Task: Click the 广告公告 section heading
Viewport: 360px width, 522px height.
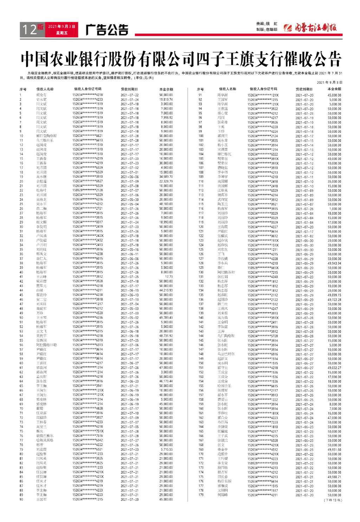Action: tap(107, 30)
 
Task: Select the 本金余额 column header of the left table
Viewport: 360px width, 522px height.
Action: tap(166, 89)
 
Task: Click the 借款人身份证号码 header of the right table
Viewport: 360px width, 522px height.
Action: tap(263, 89)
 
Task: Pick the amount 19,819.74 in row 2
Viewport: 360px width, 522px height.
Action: tap(166, 100)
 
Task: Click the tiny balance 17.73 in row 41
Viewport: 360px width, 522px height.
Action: tap(169, 277)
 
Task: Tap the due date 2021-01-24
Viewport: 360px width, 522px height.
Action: tap(129, 222)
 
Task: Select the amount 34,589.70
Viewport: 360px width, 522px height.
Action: tap(166, 177)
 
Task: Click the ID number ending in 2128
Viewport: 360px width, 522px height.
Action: tap(88, 190)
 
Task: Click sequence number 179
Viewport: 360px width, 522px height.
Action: tap(201, 495)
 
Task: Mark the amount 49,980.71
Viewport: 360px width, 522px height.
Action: tap(334, 477)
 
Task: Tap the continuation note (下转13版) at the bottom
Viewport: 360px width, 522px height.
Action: tap(332, 500)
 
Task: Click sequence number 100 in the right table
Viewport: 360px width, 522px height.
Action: tap(201, 136)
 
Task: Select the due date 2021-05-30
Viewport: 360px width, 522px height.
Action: tap(129, 199)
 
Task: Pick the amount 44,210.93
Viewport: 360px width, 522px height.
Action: tap(166, 291)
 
